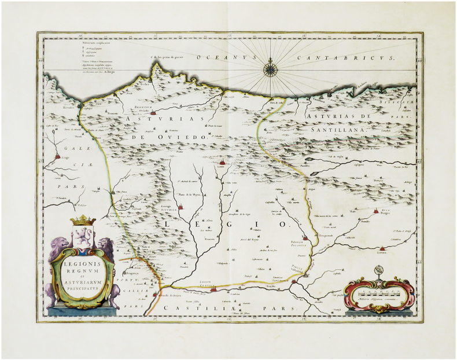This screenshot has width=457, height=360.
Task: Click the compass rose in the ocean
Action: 270,69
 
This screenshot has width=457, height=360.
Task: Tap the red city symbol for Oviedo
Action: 153,106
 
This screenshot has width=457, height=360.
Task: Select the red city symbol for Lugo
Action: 58,155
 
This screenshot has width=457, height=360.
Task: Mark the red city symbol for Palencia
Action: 305,237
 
